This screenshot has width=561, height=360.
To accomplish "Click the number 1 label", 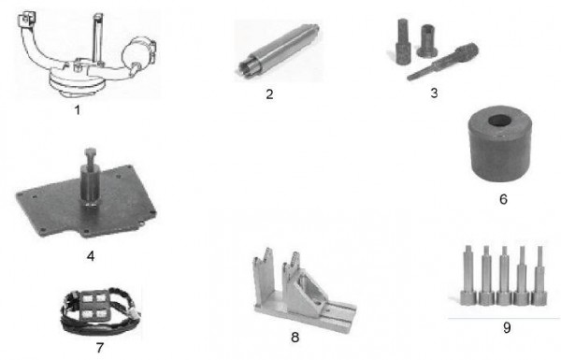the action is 78,109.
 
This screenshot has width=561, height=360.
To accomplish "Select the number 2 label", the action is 269,94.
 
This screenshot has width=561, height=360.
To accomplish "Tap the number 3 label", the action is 434,93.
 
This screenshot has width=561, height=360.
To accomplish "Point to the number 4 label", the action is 91,256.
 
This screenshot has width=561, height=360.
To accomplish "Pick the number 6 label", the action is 503,199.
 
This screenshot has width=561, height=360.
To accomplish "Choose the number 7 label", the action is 100,348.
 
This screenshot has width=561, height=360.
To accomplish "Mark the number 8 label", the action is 295,338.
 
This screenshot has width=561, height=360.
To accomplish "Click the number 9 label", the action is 507,328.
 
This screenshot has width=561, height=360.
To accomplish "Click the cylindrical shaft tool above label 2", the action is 279,50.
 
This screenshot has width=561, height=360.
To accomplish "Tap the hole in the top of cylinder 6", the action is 499,121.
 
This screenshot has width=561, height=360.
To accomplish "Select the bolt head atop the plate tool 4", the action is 90,151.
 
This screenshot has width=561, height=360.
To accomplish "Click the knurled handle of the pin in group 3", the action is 467,51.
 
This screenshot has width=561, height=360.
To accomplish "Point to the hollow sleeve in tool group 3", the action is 427,40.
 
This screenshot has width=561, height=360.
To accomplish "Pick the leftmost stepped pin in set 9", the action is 467,275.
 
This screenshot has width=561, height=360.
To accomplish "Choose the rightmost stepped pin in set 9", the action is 539,275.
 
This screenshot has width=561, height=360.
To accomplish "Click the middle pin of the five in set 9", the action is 504,275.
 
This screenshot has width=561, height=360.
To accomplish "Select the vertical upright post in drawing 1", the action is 97,38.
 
